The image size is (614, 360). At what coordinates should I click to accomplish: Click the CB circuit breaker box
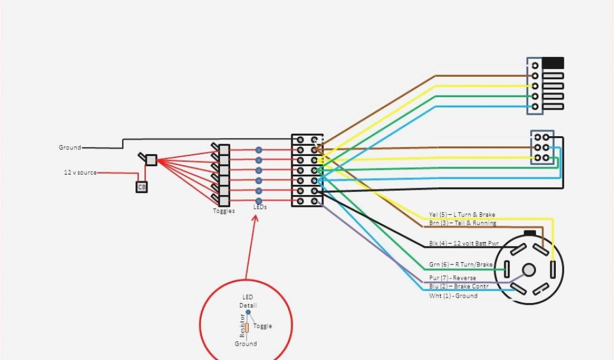click(x=142, y=187)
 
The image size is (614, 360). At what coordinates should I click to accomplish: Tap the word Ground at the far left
click(x=70, y=148)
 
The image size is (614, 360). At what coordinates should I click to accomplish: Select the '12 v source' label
click(x=80, y=173)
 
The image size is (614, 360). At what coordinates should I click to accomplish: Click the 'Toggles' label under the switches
click(x=224, y=211)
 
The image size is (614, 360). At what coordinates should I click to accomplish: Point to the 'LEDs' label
click(x=260, y=208)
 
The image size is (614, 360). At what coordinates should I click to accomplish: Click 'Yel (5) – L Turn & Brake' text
click(x=462, y=215)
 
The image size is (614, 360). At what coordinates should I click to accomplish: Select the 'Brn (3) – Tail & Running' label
click(x=462, y=223)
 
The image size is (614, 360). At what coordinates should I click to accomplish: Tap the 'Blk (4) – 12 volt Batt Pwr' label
click(x=463, y=244)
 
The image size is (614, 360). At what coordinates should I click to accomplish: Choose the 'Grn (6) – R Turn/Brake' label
click(x=460, y=265)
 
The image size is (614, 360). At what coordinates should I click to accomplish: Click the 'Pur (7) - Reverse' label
click(x=453, y=278)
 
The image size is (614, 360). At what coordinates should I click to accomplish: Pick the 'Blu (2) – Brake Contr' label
click(x=459, y=287)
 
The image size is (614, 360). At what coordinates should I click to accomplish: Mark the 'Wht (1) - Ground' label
click(x=453, y=296)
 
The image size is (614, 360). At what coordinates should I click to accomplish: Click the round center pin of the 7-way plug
click(x=528, y=270)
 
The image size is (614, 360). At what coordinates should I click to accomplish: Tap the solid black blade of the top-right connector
click(x=553, y=62)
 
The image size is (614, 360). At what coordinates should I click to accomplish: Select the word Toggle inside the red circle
click(x=262, y=326)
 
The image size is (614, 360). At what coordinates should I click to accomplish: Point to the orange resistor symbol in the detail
click(x=246, y=328)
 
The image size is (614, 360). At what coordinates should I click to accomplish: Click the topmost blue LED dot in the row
click(x=259, y=150)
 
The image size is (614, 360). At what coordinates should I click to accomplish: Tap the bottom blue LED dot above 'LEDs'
click(x=259, y=201)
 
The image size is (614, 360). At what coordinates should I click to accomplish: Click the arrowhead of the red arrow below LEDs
click(x=256, y=216)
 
